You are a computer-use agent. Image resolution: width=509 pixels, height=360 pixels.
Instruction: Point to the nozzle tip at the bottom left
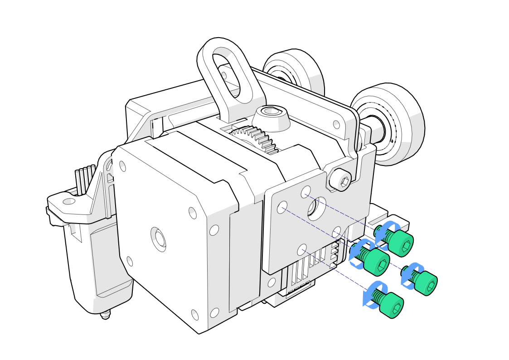coord(105,315)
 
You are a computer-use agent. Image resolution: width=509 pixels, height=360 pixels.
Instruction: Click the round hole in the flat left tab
coord(68,201)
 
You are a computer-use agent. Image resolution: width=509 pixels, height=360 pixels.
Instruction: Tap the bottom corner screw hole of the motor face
coord(195,314)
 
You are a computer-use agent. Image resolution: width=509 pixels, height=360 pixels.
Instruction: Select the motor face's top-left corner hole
coord(122,166)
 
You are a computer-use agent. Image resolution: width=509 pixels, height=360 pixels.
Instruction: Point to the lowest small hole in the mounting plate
coord(302,249)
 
